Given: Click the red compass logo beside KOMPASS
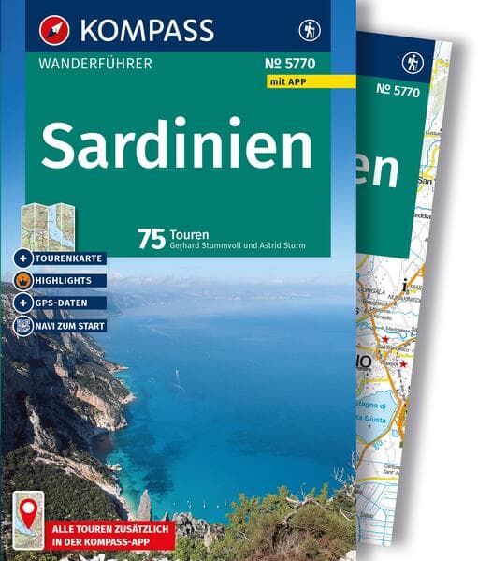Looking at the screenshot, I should tap(53, 30).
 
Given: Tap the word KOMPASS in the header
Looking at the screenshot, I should tap(148, 30).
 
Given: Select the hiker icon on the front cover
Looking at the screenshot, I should tap(309, 30).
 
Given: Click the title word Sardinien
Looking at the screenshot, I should tap(177, 144).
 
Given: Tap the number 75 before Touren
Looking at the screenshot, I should tap(152, 239).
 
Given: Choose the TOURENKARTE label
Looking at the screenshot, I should tap(68, 258).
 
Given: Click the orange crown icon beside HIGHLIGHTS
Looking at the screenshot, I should tap(24, 280).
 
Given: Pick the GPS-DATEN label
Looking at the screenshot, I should tap(69, 303).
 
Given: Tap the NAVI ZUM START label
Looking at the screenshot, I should tap(73, 326).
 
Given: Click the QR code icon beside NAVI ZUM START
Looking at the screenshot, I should tap(24, 326).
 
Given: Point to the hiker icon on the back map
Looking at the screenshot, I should tap(413, 63).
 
